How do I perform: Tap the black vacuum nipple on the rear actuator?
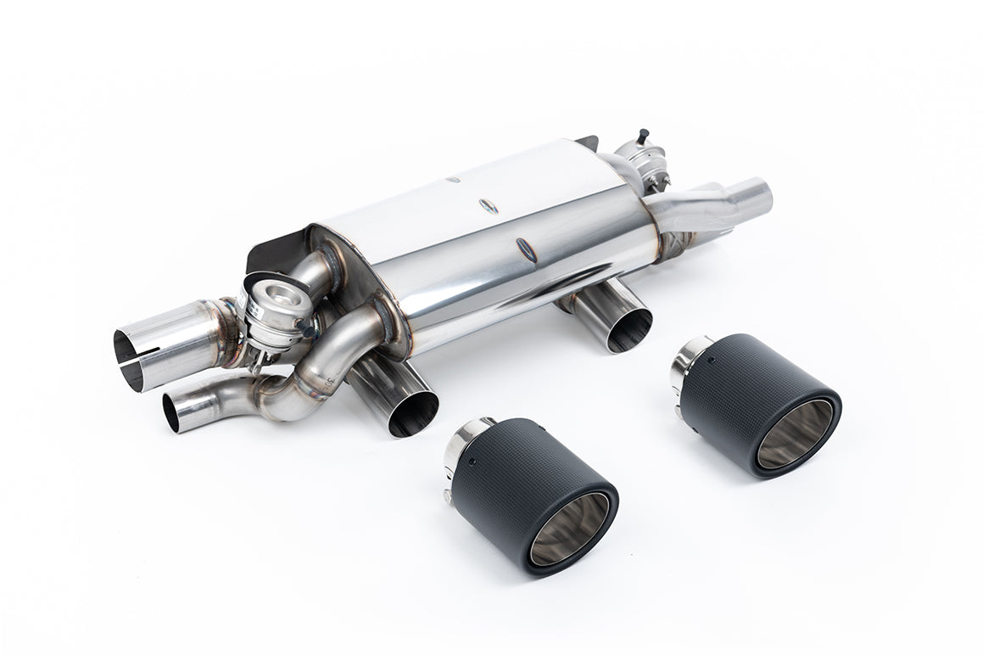644,135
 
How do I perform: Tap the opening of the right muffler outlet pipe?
628,330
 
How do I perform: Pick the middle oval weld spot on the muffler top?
489,205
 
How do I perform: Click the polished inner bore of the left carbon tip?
569,528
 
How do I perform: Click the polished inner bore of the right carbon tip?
795,434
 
